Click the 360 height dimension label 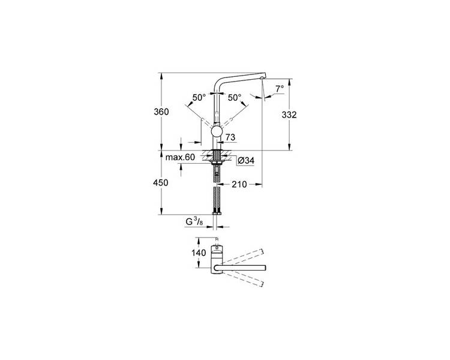point(161,112)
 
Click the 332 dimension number point(289,115)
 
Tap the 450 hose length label point(161,182)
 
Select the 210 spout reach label point(239,184)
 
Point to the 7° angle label point(280,89)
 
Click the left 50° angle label point(199,97)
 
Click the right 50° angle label point(235,98)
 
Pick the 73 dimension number point(230,137)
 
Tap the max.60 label point(180,157)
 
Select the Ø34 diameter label point(246,161)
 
